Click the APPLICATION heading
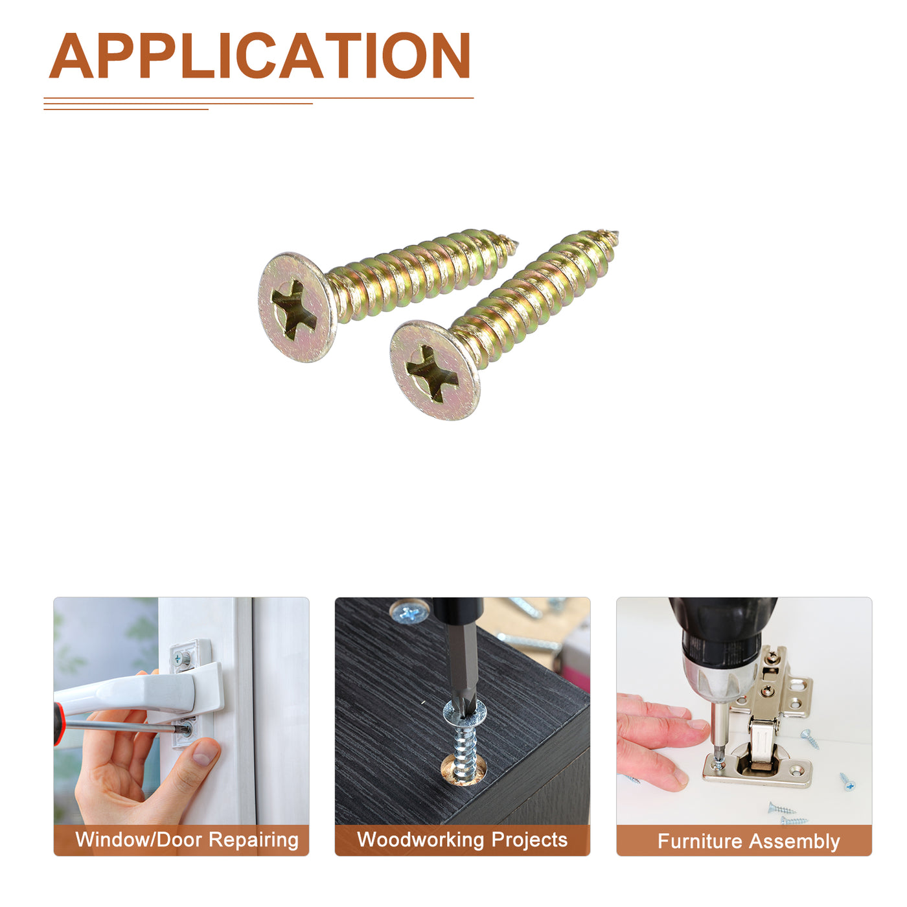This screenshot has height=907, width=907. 259,56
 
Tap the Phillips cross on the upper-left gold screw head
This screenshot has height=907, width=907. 294,309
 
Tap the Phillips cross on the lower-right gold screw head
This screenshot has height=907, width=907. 431,374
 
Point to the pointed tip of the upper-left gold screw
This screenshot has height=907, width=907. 517,243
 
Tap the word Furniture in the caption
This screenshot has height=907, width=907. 700,842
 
